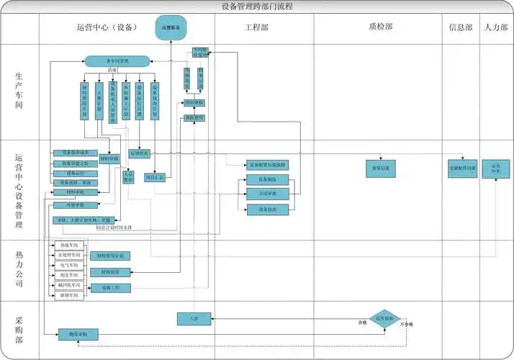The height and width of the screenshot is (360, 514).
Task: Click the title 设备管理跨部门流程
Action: [257, 6]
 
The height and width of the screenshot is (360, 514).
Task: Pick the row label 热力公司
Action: [19, 269]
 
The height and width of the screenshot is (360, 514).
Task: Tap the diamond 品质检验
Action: [382, 317]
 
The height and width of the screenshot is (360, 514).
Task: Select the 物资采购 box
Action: [78, 334]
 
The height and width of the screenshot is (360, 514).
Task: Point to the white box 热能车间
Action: [71, 246]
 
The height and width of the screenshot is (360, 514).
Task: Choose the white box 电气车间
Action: [71, 266]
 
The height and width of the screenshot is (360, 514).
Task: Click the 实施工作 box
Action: [110, 288]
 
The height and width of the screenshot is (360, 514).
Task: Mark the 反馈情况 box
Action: [140, 153]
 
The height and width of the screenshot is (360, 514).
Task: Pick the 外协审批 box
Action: [75, 204]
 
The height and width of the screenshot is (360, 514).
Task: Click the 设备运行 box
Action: [75, 174]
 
